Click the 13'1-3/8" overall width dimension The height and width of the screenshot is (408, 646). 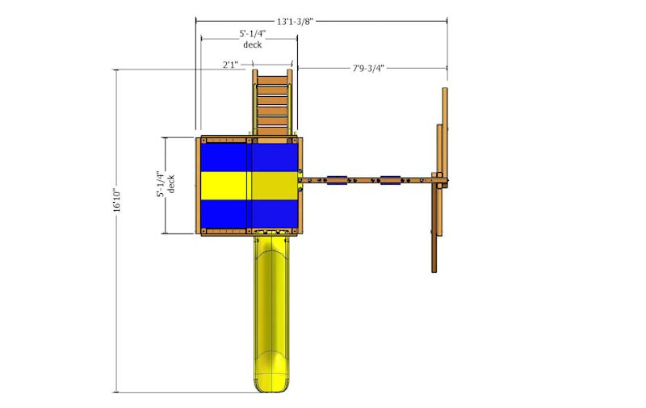[295, 22]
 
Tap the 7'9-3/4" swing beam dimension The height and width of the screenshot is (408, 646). [368, 68]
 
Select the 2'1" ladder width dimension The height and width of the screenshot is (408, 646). [231, 65]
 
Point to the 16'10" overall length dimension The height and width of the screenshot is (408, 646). [117, 200]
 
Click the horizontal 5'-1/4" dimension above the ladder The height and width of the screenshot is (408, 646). [253, 34]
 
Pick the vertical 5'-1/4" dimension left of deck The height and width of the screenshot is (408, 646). [161, 184]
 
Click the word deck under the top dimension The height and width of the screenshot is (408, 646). [253, 44]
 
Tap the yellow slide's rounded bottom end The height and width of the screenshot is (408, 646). [272, 382]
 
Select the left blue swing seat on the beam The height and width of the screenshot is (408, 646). [337, 180]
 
